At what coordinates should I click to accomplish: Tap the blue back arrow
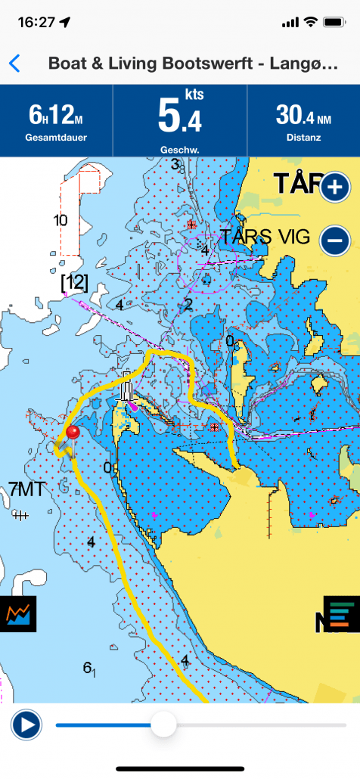coord(14,64)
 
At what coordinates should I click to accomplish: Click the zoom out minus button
coord(335,241)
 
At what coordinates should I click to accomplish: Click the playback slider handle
coord(163,725)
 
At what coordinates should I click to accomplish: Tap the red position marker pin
coord(73,433)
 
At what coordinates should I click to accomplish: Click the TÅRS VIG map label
coord(265,237)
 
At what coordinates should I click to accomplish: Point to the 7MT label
coord(26,488)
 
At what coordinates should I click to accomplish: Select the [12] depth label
coord(74,283)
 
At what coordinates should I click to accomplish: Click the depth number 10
coord(61,221)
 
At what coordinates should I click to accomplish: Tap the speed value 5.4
coord(179,117)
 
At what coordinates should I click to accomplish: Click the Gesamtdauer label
coord(56,138)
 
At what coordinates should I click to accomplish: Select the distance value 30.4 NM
coord(303,115)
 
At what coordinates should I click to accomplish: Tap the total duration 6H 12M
coord(56,115)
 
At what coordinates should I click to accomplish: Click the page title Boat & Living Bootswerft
coord(192,64)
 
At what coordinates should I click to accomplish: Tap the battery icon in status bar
coord(334,23)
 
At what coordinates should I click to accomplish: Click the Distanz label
coord(303,138)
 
